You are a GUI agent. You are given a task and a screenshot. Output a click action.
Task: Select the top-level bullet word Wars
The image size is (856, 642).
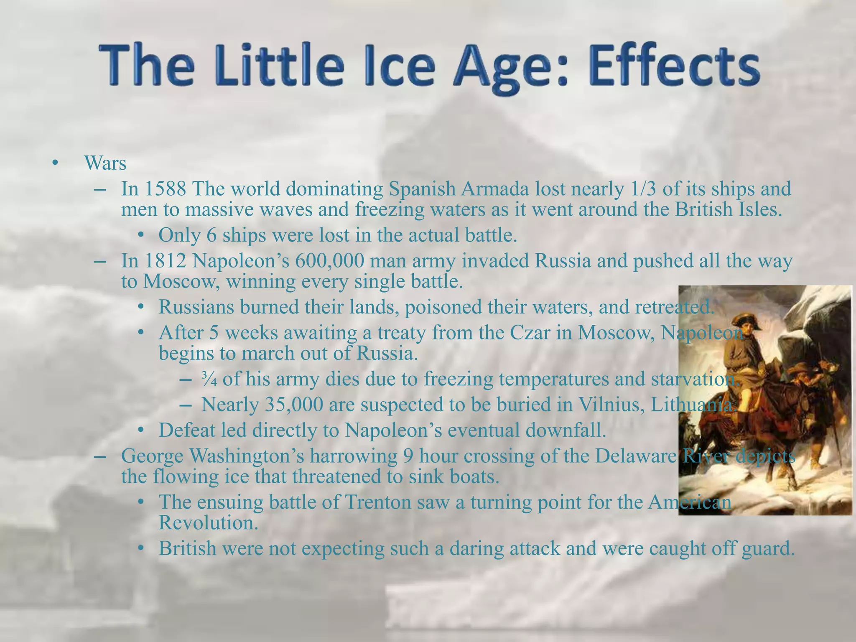[105, 163]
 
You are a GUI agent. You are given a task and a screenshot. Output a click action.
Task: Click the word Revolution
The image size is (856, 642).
[208, 523]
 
